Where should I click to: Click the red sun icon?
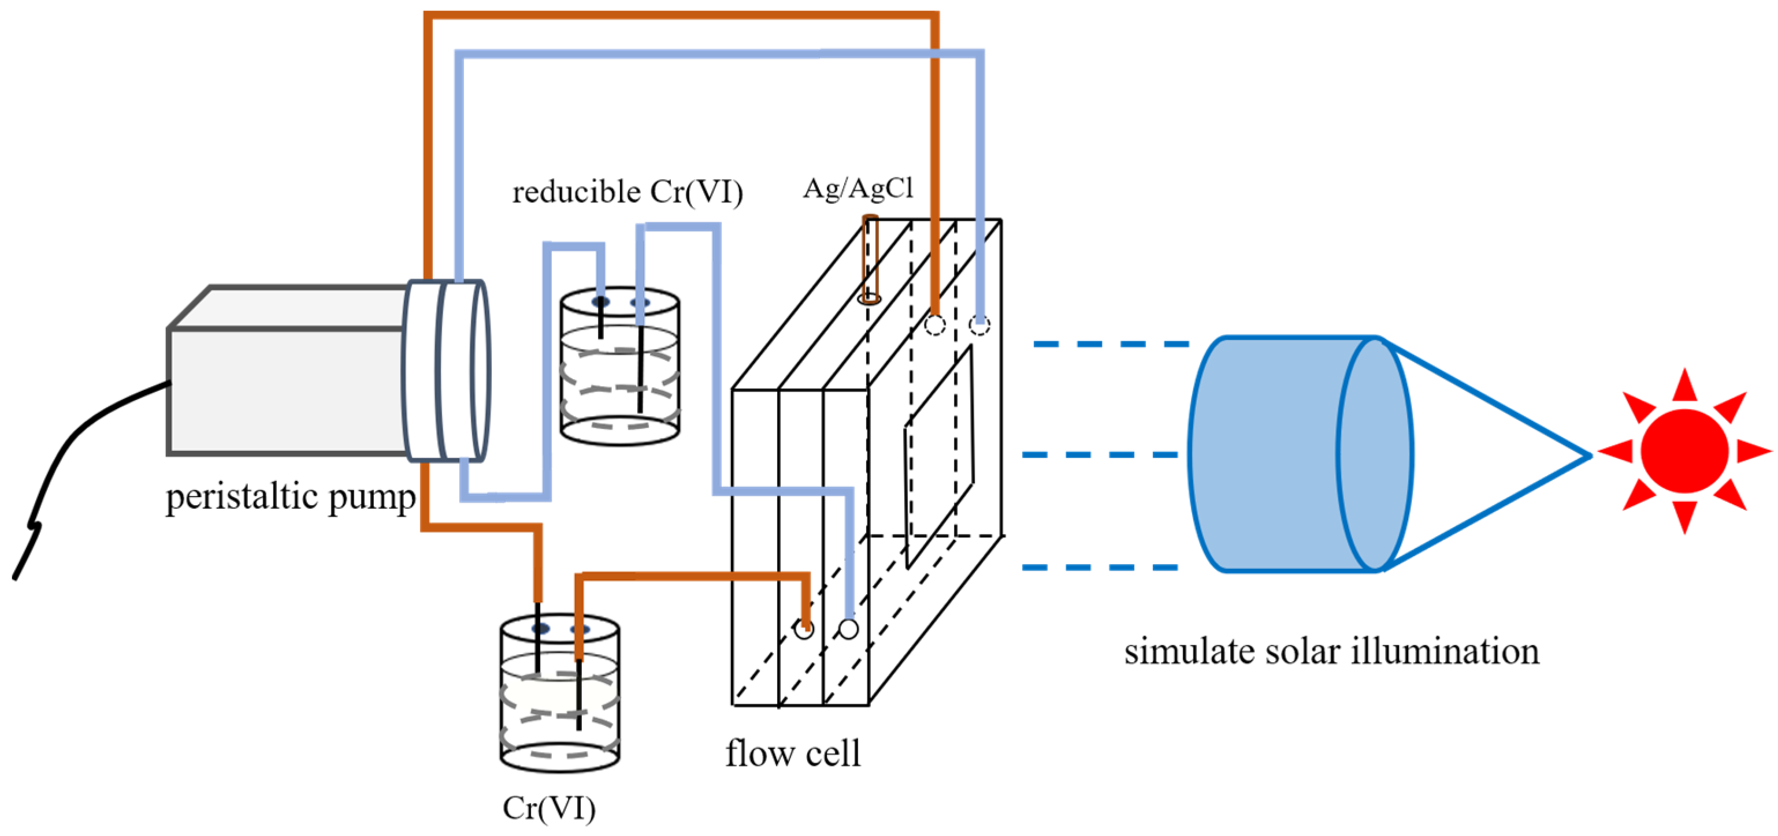1684,451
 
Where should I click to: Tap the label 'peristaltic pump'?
291,497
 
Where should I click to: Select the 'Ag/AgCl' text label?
858,188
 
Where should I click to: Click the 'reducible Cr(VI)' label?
628,191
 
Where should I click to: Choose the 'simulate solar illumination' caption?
1331,651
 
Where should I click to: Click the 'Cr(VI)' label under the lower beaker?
550,808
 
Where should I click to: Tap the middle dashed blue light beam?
1100,454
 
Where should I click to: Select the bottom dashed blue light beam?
1100,567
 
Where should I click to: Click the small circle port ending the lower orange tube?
803,629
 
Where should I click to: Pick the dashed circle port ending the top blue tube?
979,325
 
